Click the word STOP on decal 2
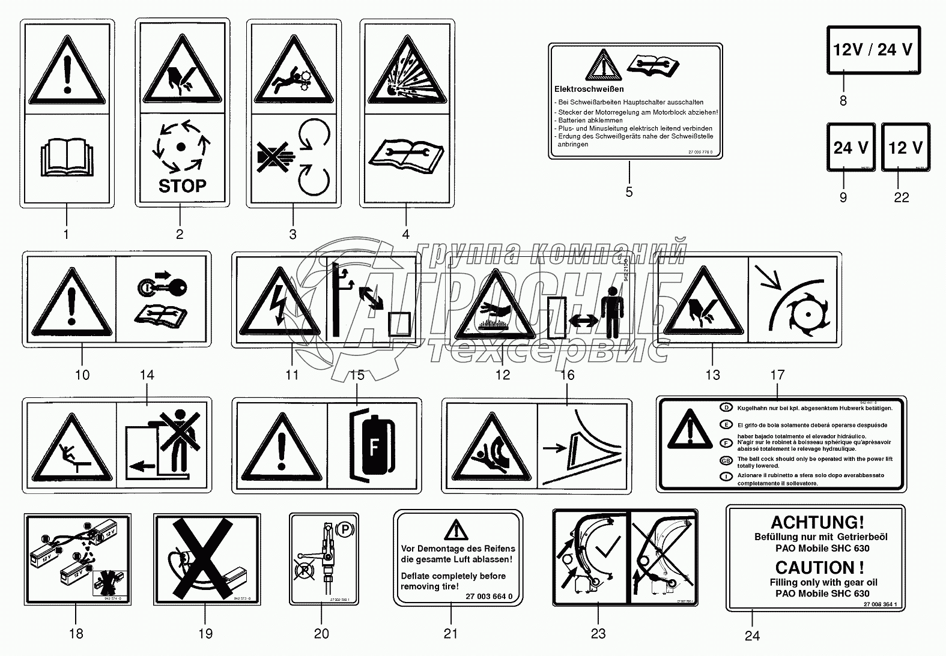(182, 185)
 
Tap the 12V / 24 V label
(873, 49)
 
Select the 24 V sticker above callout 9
(850, 147)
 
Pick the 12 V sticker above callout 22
(905, 147)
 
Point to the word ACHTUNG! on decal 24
(817, 522)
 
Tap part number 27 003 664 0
(489, 597)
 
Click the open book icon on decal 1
(67, 157)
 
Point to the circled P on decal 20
(345, 529)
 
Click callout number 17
(777, 375)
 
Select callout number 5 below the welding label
(629, 192)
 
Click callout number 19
(205, 634)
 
